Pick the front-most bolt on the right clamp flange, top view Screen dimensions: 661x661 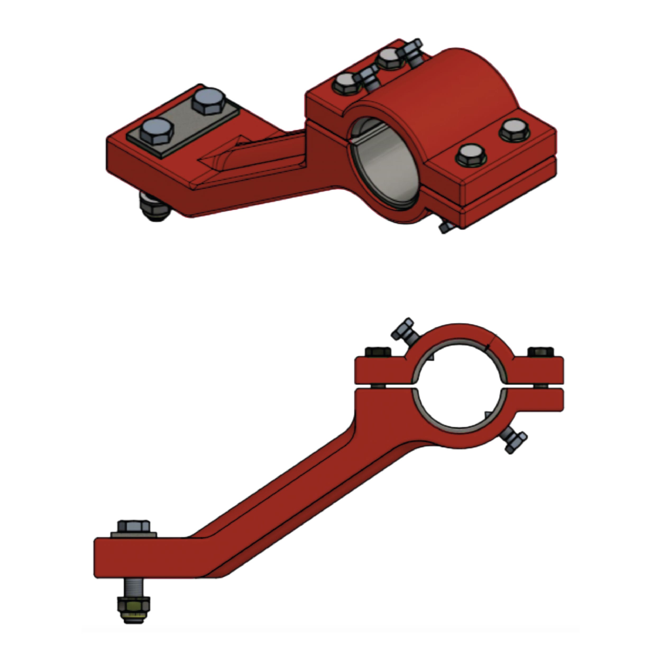(x=469, y=156)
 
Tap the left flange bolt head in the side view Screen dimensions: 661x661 (x=378, y=352)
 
